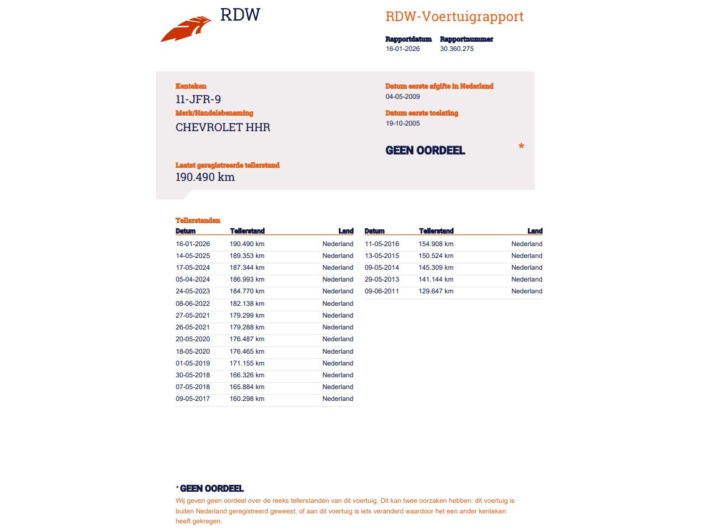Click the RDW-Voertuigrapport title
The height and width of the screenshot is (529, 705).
(x=454, y=17)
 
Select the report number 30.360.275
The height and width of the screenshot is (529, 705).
(x=456, y=48)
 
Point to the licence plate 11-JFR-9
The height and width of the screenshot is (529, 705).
(x=198, y=99)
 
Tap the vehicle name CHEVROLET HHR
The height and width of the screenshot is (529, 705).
(x=223, y=127)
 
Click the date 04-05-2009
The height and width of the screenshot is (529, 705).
(x=403, y=96)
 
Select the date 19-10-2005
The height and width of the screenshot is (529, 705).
(x=403, y=123)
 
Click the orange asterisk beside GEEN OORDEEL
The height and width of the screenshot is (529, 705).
(x=521, y=147)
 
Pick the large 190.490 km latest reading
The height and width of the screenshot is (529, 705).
(x=205, y=177)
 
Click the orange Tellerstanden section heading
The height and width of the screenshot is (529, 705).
(x=198, y=220)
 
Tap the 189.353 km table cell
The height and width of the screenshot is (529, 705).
(x=247, y=255)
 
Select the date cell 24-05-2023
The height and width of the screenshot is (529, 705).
(x=193, y=291)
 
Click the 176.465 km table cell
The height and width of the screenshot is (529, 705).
(x=247, y=351)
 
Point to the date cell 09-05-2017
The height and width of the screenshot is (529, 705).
(x=193, y=398)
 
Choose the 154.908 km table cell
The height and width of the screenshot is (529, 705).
(x=436, y=244)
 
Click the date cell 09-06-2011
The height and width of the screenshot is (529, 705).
(x=382, y=291)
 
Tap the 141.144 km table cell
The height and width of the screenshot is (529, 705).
(x=436, y=279)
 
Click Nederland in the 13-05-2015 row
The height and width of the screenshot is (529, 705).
(x=527, y=255)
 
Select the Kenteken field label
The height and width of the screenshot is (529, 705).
(x=191, y=86)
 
